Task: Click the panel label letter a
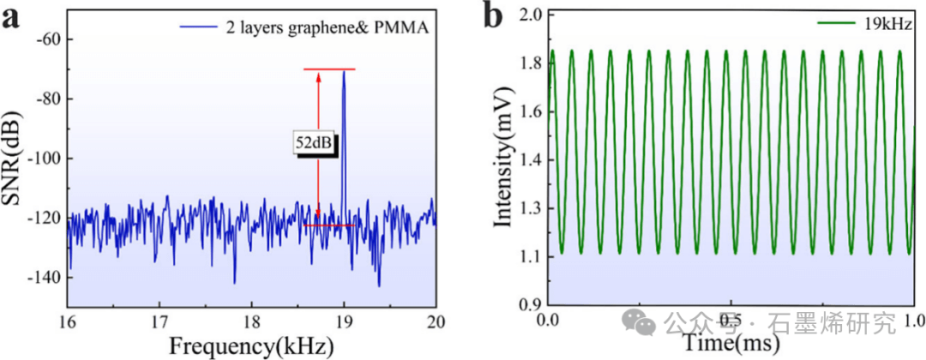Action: point(12,19)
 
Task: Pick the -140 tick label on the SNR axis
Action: point(43,278)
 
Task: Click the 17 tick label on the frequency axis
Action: point(159,324)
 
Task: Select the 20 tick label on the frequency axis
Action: point(436,324)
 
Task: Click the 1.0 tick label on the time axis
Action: point(914,323)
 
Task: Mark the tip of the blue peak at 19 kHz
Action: point(344,71)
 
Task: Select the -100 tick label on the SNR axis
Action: point(43,159)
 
